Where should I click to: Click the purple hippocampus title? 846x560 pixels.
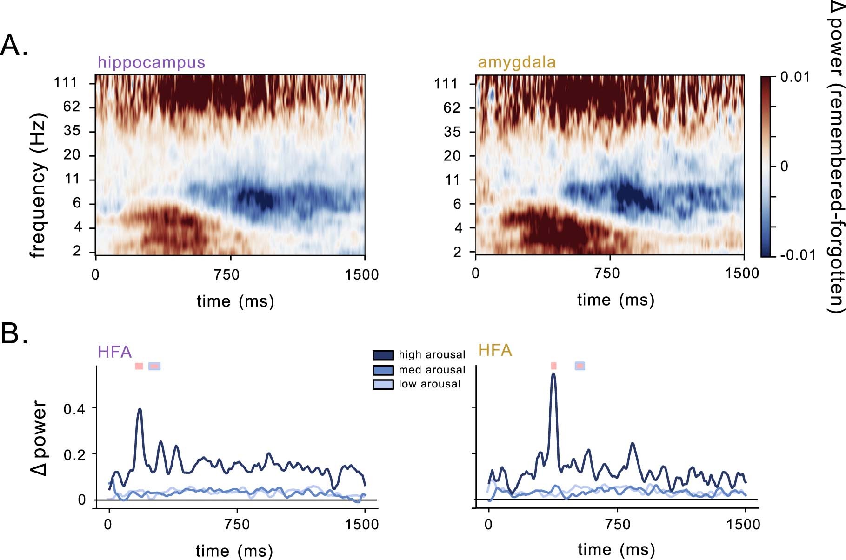(151, 62)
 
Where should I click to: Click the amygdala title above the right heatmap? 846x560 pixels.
(517, 62)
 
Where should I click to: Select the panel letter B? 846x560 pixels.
(14, 333)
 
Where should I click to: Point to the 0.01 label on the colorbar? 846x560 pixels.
(795, 77)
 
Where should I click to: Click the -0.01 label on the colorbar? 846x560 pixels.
(798, 255)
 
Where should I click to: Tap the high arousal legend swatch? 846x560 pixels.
(383, 355)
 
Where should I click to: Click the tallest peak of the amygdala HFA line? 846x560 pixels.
(553, 375)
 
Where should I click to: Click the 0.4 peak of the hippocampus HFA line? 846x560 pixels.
(139, 410)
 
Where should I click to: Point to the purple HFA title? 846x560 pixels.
(114, 352)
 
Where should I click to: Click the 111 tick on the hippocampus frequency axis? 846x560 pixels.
(65, 83)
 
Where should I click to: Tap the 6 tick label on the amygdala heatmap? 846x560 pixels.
(457, 204)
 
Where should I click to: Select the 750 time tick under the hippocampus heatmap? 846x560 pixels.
(227, 274)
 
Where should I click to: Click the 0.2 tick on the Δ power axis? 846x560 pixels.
(74, 454)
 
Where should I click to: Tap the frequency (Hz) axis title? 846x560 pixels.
(38, 185)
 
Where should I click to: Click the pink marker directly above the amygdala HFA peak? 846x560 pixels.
(553, 366)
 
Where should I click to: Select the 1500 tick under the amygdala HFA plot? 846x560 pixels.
(743, 525)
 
